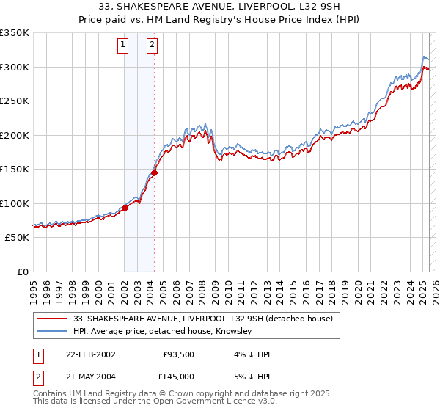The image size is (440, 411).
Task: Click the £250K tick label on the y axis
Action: (x=15, y=101)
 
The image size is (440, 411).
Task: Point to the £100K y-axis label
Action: (x=15, y=203)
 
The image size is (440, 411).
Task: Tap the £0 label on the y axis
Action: (x=23, y=272)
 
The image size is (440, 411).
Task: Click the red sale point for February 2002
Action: (x=125, y=208)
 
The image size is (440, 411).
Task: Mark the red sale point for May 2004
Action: (x=154, y=173)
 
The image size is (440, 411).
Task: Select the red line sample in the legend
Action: (x=51, y=319)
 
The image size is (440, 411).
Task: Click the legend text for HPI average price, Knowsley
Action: (x=162, y=332)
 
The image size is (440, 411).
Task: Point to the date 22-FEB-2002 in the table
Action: (x=90, y=354)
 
